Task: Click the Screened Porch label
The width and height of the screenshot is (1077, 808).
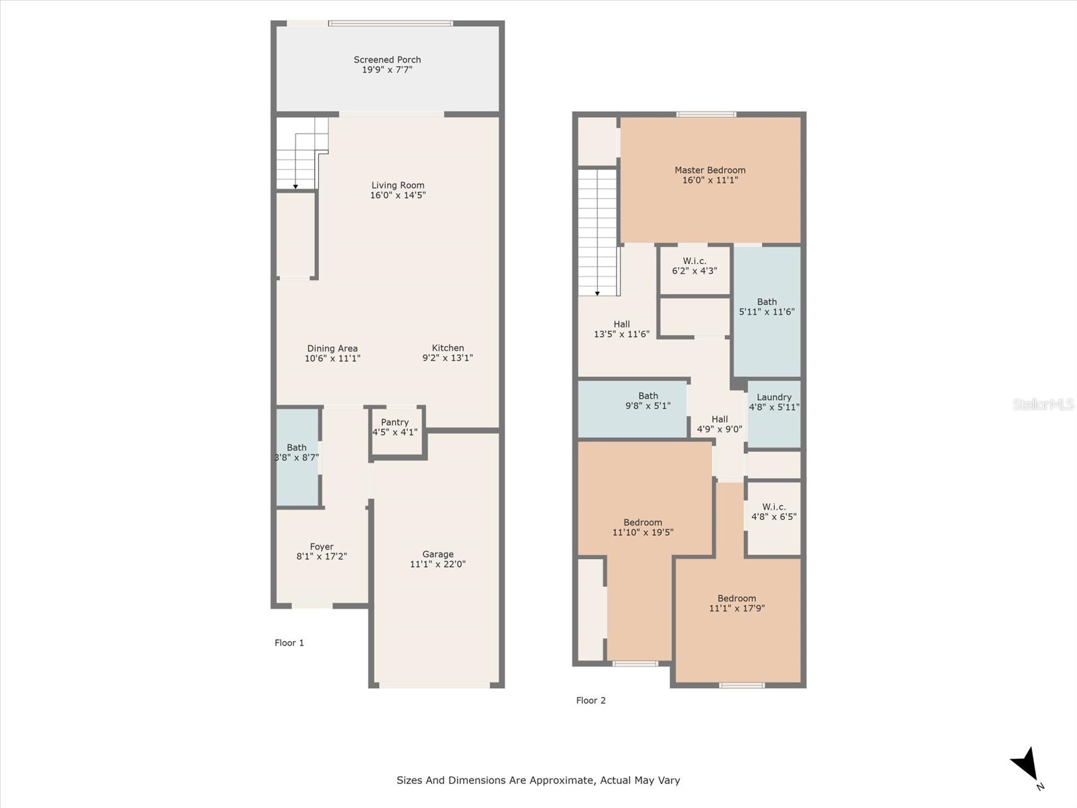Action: [387, 60]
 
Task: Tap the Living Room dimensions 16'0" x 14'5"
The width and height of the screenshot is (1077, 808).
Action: [398, 195]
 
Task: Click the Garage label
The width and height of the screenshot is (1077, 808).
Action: [438, 554]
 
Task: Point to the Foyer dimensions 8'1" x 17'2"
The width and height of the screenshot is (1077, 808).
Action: [322, 557]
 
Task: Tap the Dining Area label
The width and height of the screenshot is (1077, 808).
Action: [333, 348]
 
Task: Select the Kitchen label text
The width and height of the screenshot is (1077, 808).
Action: [448, 348]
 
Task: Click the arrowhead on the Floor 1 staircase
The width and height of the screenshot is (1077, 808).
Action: [296, 187]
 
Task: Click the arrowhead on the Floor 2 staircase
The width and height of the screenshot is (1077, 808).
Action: [598, 294]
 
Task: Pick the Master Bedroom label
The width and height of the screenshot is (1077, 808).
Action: [710, 170]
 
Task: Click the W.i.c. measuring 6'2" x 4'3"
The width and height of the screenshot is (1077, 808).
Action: [695, 267]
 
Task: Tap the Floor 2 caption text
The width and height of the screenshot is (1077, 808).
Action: [591, 700]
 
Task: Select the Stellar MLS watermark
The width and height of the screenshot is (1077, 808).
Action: [1043, 404]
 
